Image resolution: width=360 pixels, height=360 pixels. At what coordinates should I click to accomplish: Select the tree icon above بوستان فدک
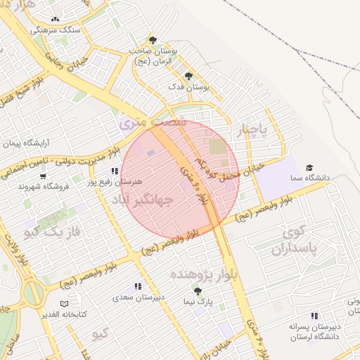pyautogui.click(x=188, y=76)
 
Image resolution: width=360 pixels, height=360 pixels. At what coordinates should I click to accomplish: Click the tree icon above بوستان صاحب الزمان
pyautogui.click(x=153, y=40)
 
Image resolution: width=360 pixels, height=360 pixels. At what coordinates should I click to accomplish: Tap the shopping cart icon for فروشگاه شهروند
pyautogui.click(x=23, y=186)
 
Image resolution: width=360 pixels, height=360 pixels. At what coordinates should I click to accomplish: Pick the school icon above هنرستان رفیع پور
pyautogui.click(x=115, y=171)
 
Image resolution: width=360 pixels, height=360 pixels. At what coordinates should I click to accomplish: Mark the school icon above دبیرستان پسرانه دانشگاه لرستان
pyautogui.click(x=314, y=316)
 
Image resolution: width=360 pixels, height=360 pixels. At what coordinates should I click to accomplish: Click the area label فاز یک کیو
pyautogui.click(x=53, y=231)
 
